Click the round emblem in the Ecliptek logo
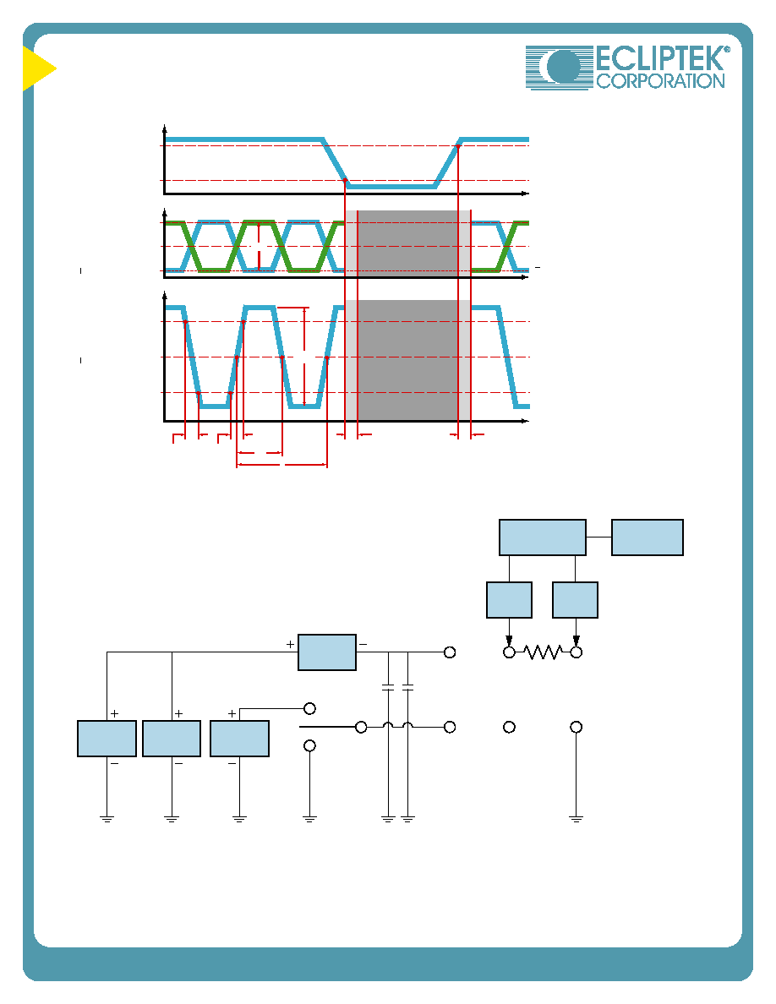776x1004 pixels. (x=564, y=67)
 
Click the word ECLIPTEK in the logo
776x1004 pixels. (x=660, y=58)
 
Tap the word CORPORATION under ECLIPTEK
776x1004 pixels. (x=660, y=80)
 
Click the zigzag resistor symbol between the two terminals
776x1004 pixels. (x=543, y=652)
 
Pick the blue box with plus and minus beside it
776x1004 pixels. (x=327, y=652)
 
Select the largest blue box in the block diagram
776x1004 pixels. (x=543, y=537)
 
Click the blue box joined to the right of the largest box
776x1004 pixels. (x=648, y=537)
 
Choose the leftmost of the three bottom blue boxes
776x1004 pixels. (x=107, y=739)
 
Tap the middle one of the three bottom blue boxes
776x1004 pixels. (x=172, y=739)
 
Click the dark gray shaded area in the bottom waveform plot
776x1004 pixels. (x=407, y=360)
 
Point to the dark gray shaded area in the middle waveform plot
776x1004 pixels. (x=407, y=243)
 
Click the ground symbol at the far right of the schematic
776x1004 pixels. (x=577, y=818)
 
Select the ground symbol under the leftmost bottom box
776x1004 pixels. (x=107, y=818)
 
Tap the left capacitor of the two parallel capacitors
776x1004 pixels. (x=388, y=688)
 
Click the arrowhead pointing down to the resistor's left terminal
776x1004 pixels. (x=509, y=641)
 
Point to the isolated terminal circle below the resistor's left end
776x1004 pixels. (x=509, y=728)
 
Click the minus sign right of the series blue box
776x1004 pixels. (x=363, y=645)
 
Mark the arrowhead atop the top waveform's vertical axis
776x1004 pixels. (x=165, y=127)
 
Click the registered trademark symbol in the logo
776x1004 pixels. (x=726, y=49)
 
